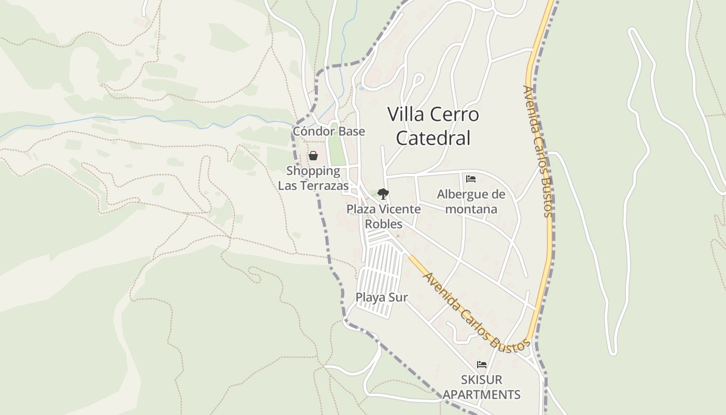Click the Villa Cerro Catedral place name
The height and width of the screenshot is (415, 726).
[433, 126]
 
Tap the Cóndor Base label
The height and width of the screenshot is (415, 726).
[329, 131]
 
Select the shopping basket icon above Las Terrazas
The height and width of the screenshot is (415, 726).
[313, 156]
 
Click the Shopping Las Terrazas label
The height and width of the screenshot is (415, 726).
[313, 178]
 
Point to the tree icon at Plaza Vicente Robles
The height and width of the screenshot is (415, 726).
[383, 194]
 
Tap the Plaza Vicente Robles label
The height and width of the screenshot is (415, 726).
[384, 216]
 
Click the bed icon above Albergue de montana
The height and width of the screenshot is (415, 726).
[471, 179]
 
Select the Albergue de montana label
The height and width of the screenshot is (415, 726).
[471, 201]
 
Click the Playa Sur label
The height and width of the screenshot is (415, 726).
[382, 297]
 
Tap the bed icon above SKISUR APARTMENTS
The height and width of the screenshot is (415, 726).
[482, 365]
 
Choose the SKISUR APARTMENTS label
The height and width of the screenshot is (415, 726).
[481, 387]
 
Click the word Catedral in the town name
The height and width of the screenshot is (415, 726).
[433, 138]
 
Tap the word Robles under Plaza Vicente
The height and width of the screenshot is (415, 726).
[384, 224]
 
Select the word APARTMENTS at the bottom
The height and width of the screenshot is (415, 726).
[481, 394]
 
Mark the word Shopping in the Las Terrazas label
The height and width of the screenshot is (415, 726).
[313, 171]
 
